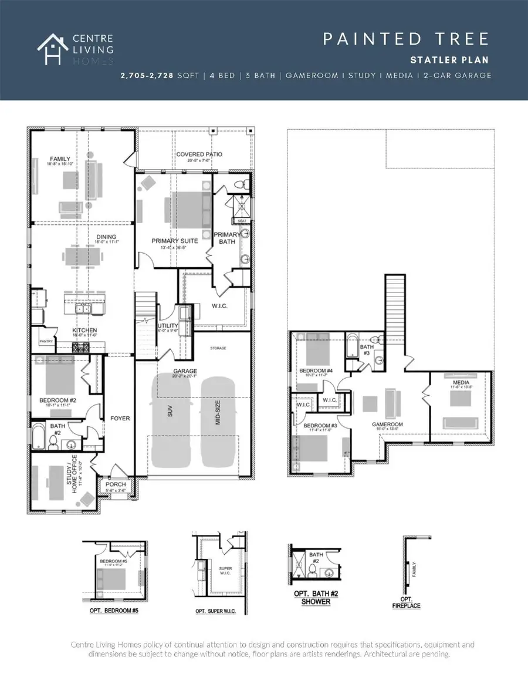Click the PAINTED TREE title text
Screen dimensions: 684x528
(406, 39)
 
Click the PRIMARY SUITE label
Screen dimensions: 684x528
(174, 241)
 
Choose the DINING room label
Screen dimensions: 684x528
(106, 237)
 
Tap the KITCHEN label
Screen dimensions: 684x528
(84, 331)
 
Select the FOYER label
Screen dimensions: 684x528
(120, 419)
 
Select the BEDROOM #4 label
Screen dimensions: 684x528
(316, 370)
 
